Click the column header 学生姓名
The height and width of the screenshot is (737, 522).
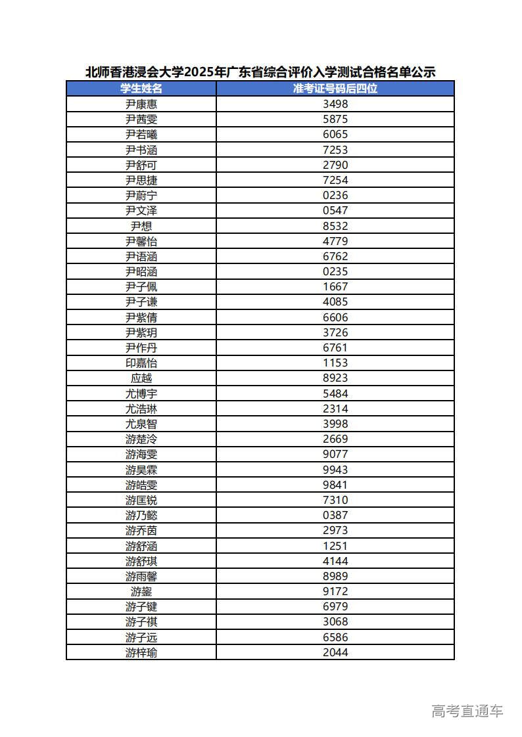pos(141,89)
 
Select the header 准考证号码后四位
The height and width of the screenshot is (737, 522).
pos(335,89)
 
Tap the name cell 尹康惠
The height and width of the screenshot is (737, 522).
pos(141,104)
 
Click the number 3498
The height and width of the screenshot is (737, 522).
pos(335,104)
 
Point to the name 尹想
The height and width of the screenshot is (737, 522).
pos(141,226)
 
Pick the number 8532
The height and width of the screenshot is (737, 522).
pos(335,226)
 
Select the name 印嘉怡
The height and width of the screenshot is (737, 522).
pos(141,363)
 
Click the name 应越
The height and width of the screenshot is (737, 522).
pos(141,378)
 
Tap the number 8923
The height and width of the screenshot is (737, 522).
pos(335,378)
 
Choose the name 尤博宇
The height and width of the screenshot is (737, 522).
pos(141,393)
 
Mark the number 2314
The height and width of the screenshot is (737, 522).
pos(335,409)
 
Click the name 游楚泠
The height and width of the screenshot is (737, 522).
pos(141,439)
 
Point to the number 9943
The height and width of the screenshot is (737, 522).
pos(335,470)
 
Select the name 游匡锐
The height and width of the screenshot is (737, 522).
pos(141,500)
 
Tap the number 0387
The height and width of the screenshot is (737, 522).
pos(335,515)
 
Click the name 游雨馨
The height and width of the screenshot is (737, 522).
pos(141,576)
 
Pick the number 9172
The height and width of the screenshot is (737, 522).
pos(335,591)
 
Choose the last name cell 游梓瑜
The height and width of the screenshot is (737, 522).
pos(141,652)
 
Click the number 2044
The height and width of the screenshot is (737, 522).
pos(335,652)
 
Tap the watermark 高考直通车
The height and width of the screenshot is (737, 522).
pos(467,710)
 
